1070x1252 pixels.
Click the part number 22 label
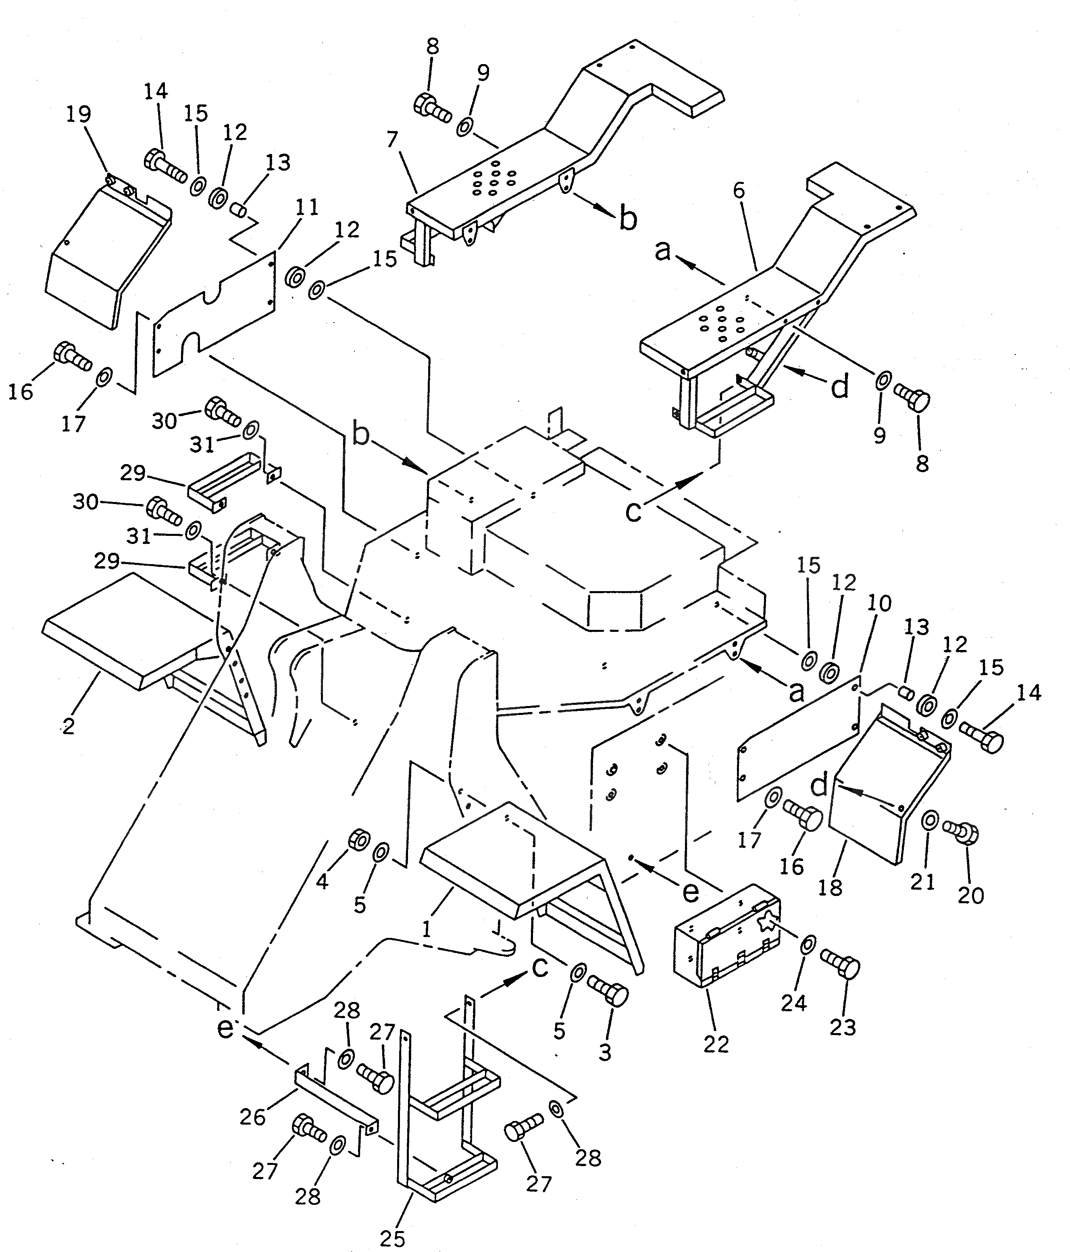[716, 1044]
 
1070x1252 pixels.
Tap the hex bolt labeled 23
[841, 968]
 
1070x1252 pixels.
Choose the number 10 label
[879, 603]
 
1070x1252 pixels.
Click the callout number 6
[739, 191]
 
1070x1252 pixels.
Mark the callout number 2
[68, 726]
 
